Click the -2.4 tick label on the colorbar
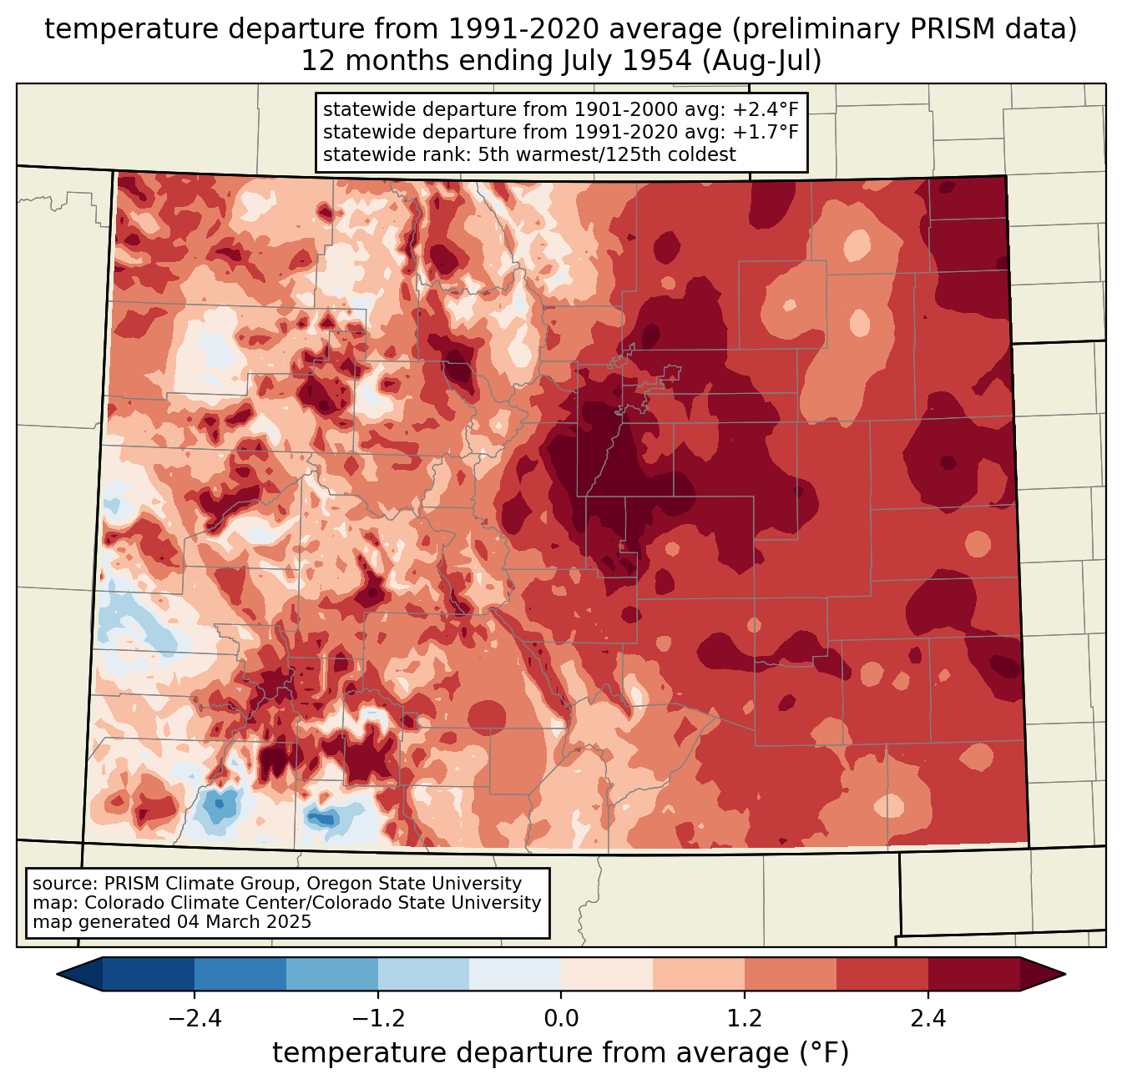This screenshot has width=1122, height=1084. pyautogui.click(x=195, y=1019)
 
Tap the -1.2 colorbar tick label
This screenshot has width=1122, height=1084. pyautogui.click(x=378, y=1019)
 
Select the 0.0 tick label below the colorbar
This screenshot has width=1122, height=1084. pyautogui.click(x=561, y=1019)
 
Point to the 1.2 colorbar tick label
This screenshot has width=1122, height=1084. pyautogui.click(x=745, y=1019)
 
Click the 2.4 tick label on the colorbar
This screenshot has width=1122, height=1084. pyautogui.click(x=928, y=1019)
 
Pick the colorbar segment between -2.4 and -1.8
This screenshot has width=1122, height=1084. pyautogui.click(x=240, y=975)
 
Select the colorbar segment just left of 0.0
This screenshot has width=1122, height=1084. pyautogui.click(x=515, y=975)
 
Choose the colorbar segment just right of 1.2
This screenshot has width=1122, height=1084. pyautogui.click(x=791, y=975)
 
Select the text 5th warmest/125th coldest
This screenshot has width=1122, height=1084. pyautogui.click(x=607, y=154)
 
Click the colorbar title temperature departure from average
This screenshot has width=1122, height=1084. pyautogui.click(x=560, y=1052)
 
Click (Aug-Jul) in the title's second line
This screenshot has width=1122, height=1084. pyautogui.click(x=761, y=61)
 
